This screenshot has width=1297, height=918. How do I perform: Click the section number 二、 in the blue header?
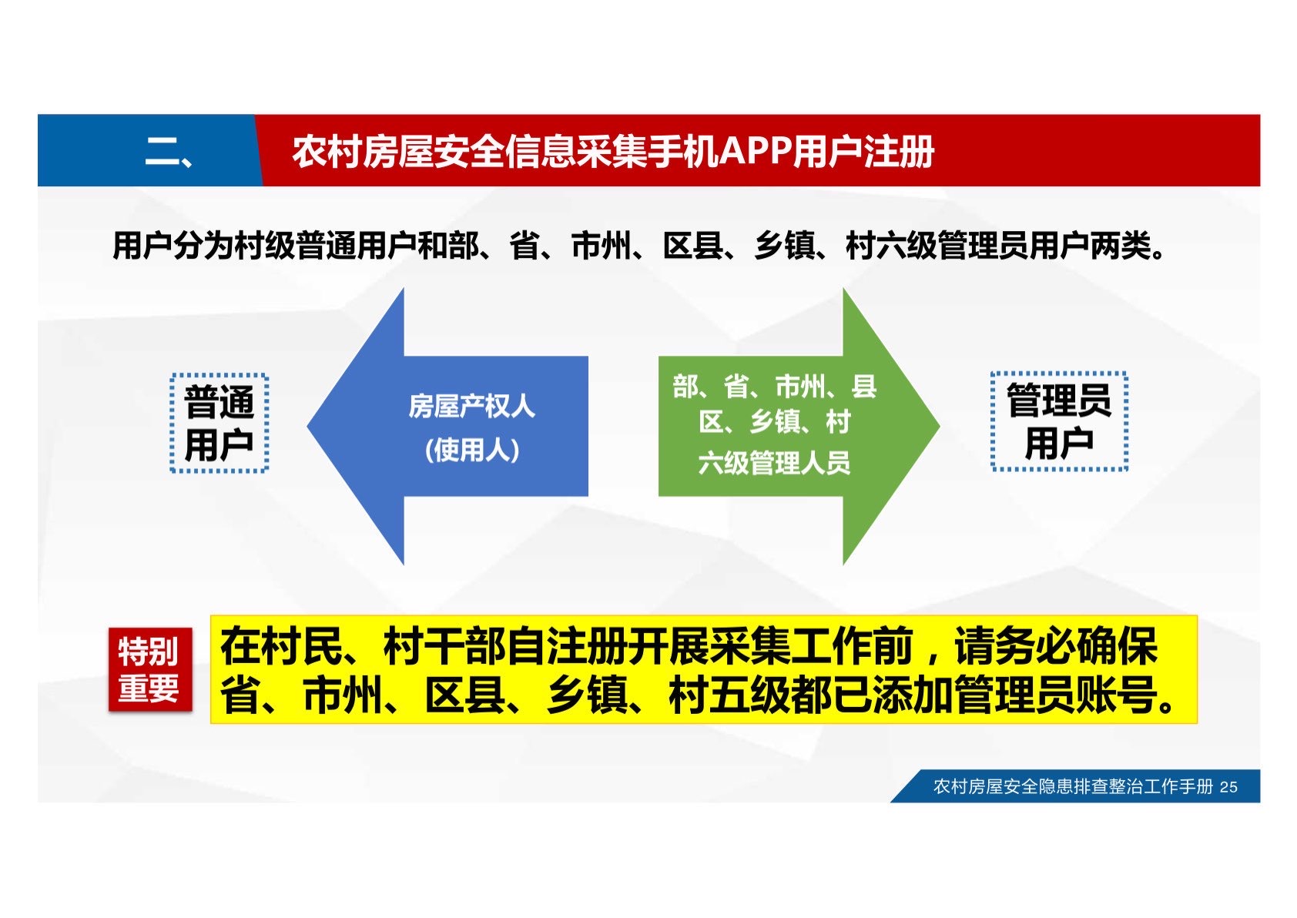pyautogui.click(x=168, y=152)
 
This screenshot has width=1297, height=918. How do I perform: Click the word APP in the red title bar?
pyautogui.click(x=755, y=152)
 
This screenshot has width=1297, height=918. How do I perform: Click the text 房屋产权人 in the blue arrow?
pyautogui.click(x=472, y=407)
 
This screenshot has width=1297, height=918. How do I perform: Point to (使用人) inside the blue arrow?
pyautogui.click(x=472, y=451)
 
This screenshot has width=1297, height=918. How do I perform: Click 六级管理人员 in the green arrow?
pyautogui.click(x=774, y=463)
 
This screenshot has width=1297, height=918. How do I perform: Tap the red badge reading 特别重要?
pyautogui.click(x=150, y=669)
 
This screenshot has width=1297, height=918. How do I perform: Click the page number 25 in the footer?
pyautogui.click(x=1228, y=787)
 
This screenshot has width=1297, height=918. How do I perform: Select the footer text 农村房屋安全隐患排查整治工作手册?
pyautogui.click(x=1073, y=786)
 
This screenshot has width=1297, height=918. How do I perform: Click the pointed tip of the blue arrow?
pyautogui.click(x=307, y=427)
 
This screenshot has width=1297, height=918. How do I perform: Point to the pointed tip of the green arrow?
pyautogui.click(x=940, y=427)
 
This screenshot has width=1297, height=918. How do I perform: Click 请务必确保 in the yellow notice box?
pyautogui.click(x=1056, y=646)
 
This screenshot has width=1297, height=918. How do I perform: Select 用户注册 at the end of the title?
pyautogui.click(x=863, y=152)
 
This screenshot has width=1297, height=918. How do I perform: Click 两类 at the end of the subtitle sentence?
pyautogui.click(x=1120, y=246)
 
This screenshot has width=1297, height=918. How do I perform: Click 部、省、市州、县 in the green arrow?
pyautogui.click(x=775, y=386)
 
